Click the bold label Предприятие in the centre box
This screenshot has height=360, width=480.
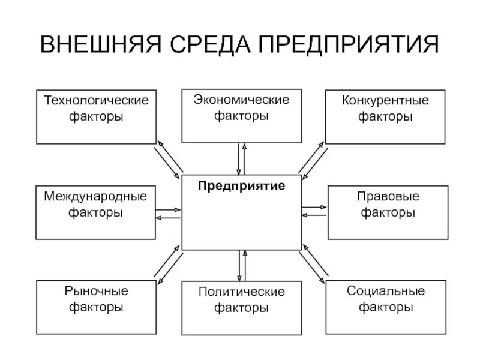coord(241,186)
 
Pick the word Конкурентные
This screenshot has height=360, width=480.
coord(385,100)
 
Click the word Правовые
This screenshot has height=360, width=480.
coord(388,196)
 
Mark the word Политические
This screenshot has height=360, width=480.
coord(241,293)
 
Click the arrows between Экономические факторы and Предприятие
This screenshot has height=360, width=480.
coord(241,158)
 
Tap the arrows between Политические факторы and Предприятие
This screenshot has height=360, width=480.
coord(242,265)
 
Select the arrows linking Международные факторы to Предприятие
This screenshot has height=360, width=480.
coord(168,214)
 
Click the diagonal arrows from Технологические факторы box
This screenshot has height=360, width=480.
coord(169,159)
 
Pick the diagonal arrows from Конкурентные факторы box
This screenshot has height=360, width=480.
coord(312,160)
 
